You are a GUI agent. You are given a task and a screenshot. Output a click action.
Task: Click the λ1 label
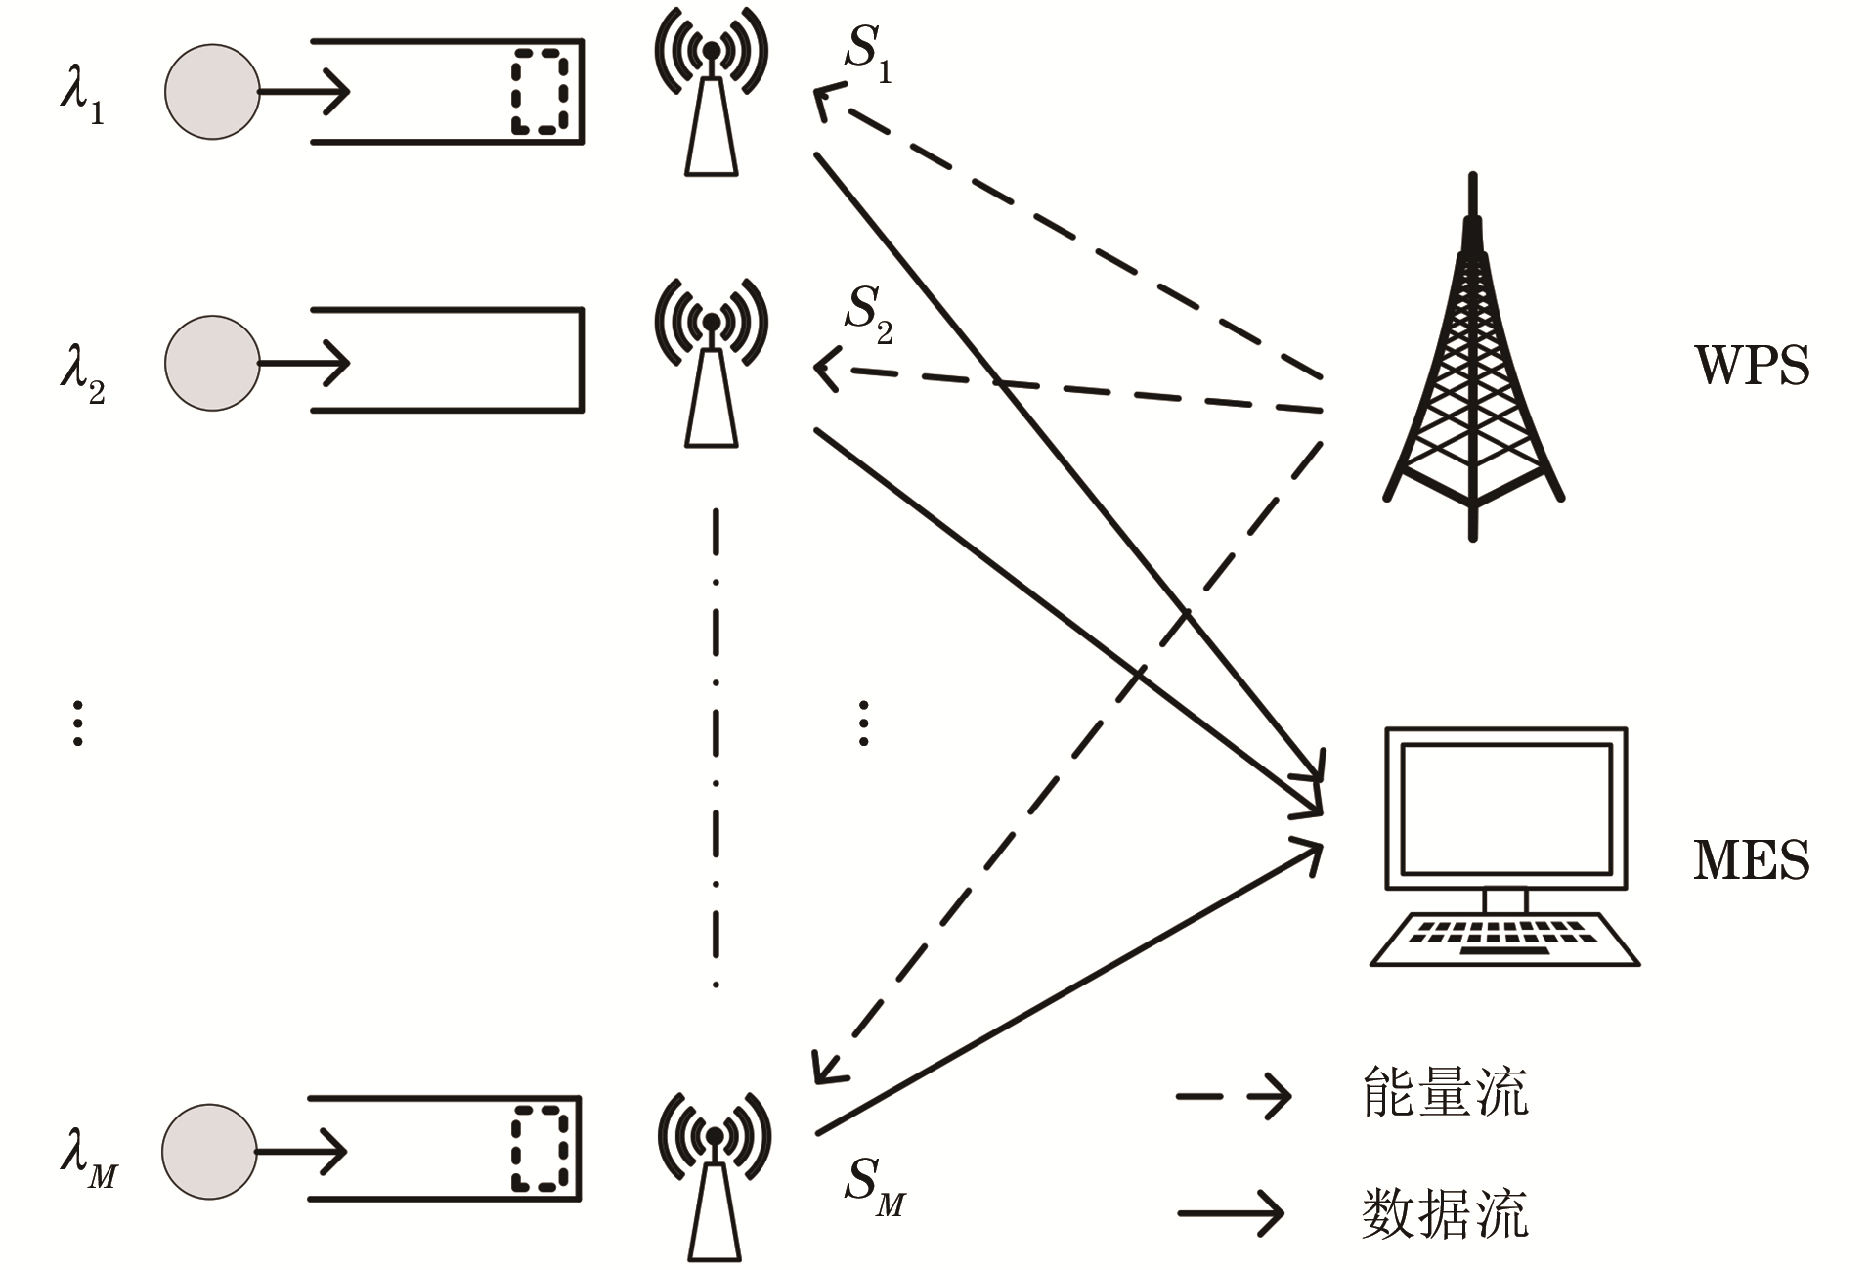(x=82, y=95)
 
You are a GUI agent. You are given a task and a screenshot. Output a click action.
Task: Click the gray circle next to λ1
(x=212, y=92)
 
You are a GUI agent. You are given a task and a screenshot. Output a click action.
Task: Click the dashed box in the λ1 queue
(x=541, y=91)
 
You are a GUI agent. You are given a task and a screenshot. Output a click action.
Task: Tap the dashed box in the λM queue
(x=541, y=1149)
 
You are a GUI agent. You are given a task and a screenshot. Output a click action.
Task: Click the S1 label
(x=868, y=54)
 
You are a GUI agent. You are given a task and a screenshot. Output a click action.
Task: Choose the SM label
(x=874, y=1186)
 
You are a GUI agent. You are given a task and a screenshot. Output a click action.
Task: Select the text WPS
(x=1751, y=367)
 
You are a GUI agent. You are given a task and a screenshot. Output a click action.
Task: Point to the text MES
(x=1751, y=860)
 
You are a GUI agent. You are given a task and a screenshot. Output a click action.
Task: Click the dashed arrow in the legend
(x=1233, y=1096)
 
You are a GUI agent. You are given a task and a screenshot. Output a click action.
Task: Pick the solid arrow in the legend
(x=1231, y=1213)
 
